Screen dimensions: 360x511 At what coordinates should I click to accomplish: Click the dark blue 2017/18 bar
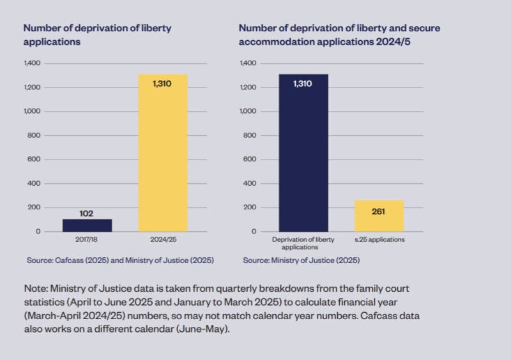pos(87,225)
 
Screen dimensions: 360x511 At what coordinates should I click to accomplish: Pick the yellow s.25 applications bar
pos(379,216)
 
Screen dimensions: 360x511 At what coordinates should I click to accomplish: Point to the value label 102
pos(87,213)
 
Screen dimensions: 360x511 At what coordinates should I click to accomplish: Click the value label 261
pos(379,211)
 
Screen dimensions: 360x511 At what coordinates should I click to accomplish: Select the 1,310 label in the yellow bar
pos(162,84)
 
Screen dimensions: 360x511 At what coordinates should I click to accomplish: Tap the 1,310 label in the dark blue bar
pos(303,84)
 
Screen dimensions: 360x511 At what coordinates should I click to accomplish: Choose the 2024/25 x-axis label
pos(163,240)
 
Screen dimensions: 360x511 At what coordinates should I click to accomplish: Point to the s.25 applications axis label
pos(379,240)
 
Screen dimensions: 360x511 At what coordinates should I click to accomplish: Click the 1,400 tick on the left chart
pos(32,63)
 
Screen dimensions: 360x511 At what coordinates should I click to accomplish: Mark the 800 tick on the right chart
pos(249,135)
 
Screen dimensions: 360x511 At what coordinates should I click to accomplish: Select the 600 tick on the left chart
pos(33,160)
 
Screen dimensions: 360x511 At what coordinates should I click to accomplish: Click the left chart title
pos(97,34)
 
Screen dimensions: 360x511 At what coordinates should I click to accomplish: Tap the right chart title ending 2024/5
pos(339,34)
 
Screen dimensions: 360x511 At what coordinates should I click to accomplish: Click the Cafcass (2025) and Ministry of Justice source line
pos(120,260)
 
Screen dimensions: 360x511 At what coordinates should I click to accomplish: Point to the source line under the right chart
pos(301,260)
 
